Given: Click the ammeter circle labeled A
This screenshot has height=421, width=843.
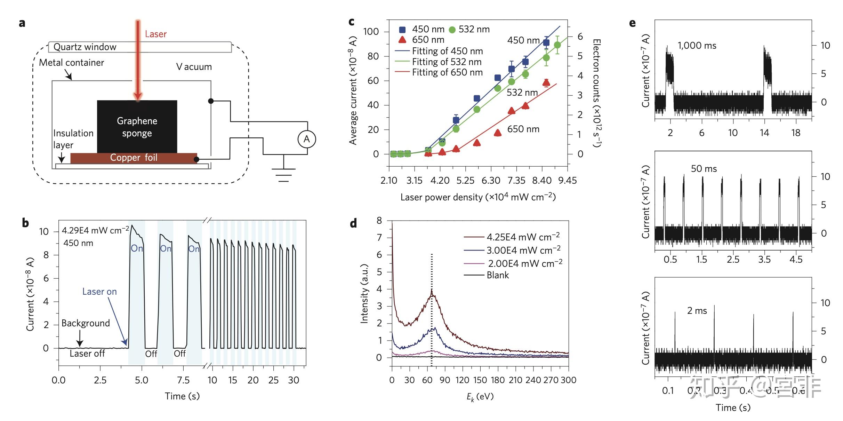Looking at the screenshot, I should [x=307, y=139].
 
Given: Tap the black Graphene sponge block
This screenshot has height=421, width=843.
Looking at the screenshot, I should [x=137, y=127].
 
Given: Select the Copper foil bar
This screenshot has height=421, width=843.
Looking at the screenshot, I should [x=134, y=158].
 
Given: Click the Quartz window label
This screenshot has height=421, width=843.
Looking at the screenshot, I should [x=85, y=47].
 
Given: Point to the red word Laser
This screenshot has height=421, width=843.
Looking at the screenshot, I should [x=155, y=34].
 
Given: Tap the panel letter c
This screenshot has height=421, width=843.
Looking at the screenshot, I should [x=352, y=22].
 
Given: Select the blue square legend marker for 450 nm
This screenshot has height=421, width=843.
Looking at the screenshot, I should [x=402, y=30].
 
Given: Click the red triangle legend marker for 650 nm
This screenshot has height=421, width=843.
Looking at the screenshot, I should [x=402, y=40].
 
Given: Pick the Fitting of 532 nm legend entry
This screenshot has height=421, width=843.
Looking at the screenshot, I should [x=447, y=62].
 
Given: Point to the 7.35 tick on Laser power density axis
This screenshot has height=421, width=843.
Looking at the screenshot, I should [x=516, y=181].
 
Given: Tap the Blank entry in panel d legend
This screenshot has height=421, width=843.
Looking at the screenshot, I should [x=497, y=275].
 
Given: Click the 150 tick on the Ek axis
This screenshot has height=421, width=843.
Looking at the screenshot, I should [x=480, y=380].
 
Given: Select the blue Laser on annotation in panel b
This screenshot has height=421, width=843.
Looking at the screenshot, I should [x=99, y=292].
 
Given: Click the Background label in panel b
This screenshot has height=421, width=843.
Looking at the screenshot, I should [x=86, y=323].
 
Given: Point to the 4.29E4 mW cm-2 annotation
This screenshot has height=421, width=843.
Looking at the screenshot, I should [x=96, y=230].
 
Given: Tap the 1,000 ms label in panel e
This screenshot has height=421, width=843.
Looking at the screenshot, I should [x=697, y=46].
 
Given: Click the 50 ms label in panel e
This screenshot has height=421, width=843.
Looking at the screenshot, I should [x=704, y=169].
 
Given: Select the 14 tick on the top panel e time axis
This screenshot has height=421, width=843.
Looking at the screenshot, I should [x=764, y=133].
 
